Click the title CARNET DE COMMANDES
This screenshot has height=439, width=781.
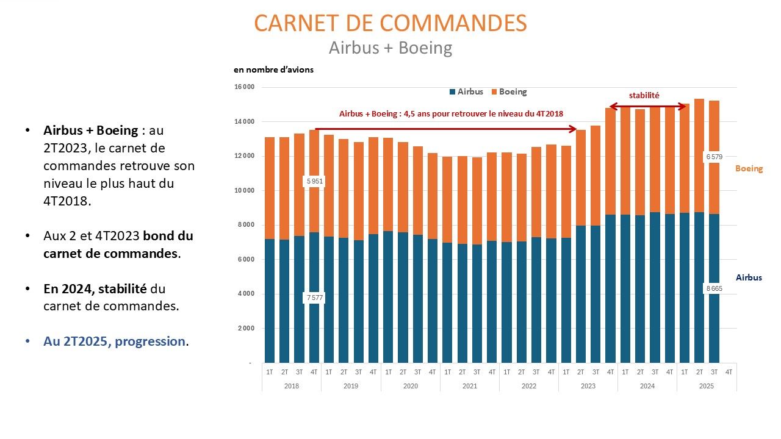pos(390,23)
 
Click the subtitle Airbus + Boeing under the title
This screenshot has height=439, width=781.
pos(390,48)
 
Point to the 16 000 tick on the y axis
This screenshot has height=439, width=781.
pos(244,87)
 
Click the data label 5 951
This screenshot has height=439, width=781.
pos(315,181)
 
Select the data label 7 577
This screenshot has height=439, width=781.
pos(315,298)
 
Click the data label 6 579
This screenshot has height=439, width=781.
pos(713,157)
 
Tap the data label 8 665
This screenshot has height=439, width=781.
pos(713,288)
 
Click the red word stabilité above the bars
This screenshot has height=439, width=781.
pos(644,95)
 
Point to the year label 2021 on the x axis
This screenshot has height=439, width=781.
pos(470,386)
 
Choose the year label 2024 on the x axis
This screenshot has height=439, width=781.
pos(647,386)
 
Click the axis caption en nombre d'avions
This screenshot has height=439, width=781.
pos(273,70)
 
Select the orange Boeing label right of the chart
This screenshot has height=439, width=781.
pos(749,168)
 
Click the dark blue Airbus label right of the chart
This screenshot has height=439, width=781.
pos(749,277)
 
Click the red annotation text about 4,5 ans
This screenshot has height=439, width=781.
pos(451,113)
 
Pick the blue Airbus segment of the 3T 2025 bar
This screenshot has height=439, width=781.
pos(713,323)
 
